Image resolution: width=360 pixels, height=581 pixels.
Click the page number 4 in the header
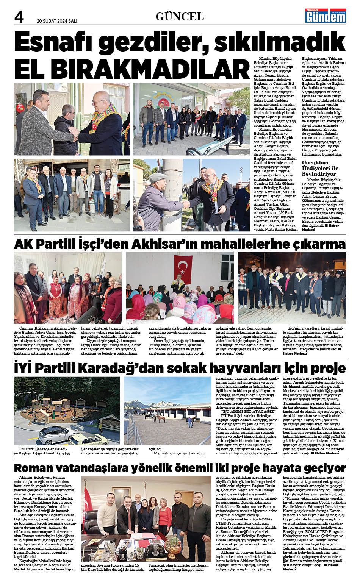pos(19,17)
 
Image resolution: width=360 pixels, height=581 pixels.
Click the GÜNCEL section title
pos(180,17)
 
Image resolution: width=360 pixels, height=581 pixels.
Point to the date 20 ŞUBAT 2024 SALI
pos(57,21)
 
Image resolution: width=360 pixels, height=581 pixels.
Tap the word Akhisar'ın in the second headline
pos(164,244)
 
